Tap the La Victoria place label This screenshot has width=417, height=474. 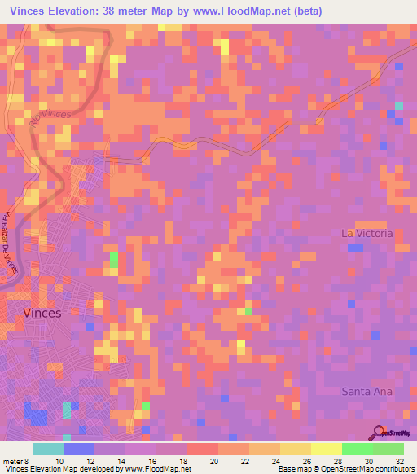[x=367, y=233]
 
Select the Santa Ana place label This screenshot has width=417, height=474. [x=367, y=391]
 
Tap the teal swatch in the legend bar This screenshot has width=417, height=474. [x=48, y=449]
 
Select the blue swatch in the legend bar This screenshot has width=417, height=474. [x=79, y=449]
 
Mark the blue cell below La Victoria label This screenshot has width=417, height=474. [x=355, y=248]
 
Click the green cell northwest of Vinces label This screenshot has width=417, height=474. [x=114, y=261]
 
